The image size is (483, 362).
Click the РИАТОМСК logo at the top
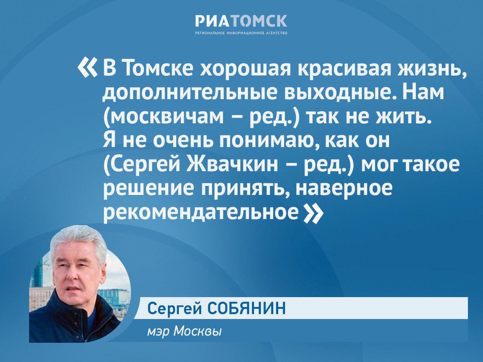pyautogui.click(x=241, y=21)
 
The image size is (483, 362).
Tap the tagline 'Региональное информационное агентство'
pyautogui.click(x=241, y=33)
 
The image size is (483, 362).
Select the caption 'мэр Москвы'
pyautogui.click(x=185, y=331)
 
